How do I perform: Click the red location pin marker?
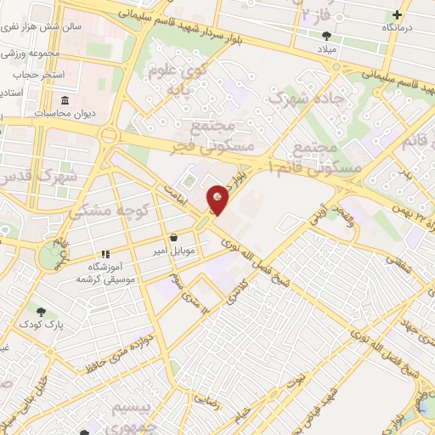click(218, 200)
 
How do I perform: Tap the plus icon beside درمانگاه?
click(398, 14)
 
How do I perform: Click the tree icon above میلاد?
click(327, 36)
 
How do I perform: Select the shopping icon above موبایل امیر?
click(173, 238)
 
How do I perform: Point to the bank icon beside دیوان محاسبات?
click(41, 113)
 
